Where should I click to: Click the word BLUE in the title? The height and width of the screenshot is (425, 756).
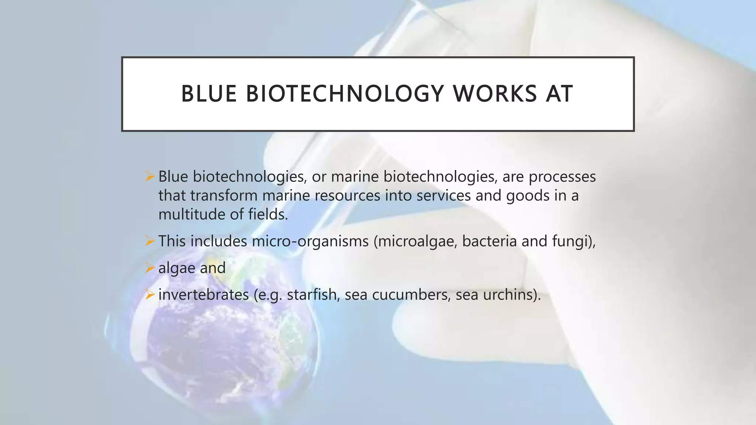coord(209,94)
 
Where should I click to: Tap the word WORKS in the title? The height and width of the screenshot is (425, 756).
coord(495,94)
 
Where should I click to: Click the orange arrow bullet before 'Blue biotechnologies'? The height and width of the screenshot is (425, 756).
coord(150,176)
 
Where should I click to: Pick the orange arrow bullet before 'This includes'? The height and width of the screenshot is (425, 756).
coord(150,241)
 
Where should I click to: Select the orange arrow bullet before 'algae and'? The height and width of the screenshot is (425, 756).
coord(150,268)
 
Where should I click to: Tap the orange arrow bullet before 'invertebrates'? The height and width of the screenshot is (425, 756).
coord(150,294)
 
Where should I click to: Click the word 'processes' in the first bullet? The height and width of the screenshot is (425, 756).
coord(562,177)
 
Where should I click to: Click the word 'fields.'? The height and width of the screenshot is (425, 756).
coord(268,214)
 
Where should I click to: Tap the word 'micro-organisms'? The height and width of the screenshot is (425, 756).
coord(310,242)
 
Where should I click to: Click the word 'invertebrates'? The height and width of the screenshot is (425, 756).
coord(203,295)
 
